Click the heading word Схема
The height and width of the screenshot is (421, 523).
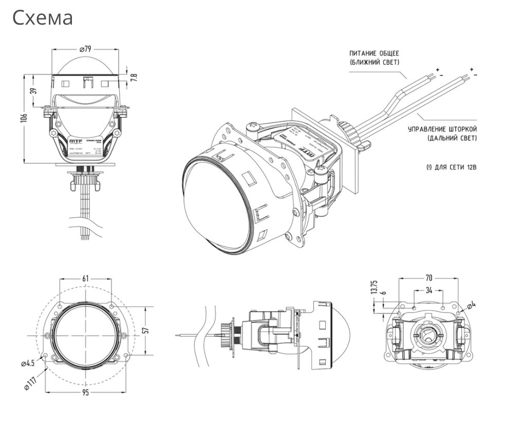[43, 18]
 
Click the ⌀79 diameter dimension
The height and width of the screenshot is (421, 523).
[85, 49]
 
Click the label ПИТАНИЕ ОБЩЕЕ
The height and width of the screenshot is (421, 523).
[373, 53]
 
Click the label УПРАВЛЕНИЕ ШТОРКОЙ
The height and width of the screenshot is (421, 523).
[442, 129]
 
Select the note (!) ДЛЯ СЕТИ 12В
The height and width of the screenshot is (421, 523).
[448, 167]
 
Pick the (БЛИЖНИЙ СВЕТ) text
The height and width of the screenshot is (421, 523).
[374, 63]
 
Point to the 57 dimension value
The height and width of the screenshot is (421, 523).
[145, 331]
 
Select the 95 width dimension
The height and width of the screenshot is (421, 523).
[85, 393]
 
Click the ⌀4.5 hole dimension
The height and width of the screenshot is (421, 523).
[28, 363]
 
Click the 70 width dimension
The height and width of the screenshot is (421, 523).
[428, 278]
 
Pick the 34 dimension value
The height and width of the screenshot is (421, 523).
[428, 290]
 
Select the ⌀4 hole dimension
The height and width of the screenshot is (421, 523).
[471, 305]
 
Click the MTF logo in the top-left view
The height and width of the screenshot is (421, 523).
[74, 140]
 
